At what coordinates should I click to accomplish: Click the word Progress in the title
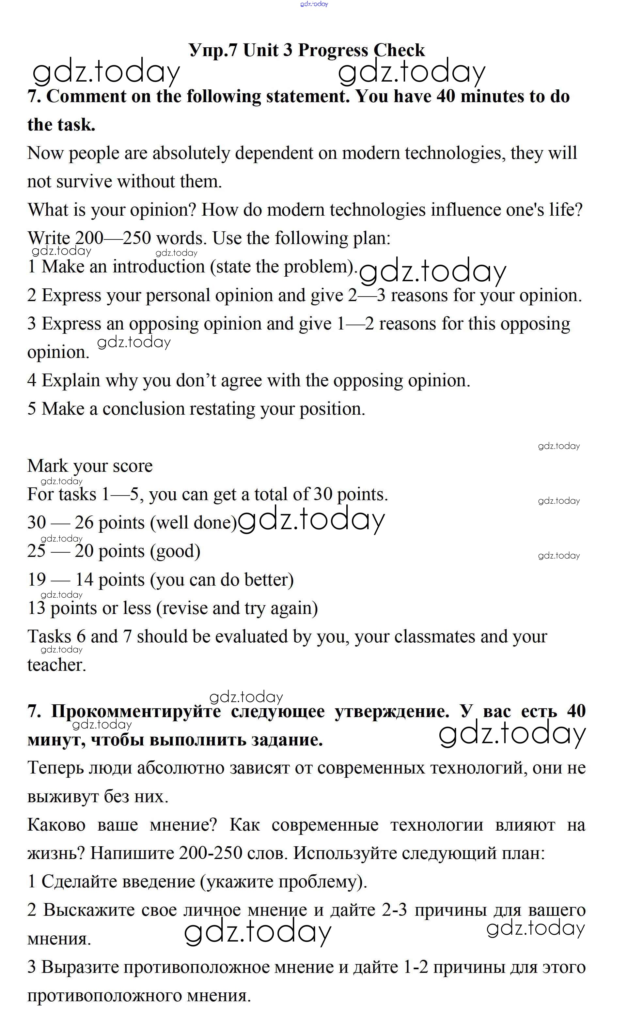(x=333, y=51)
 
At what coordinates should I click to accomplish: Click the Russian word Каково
(x=56, y=825)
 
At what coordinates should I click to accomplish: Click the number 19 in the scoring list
(x=36, y=580)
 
